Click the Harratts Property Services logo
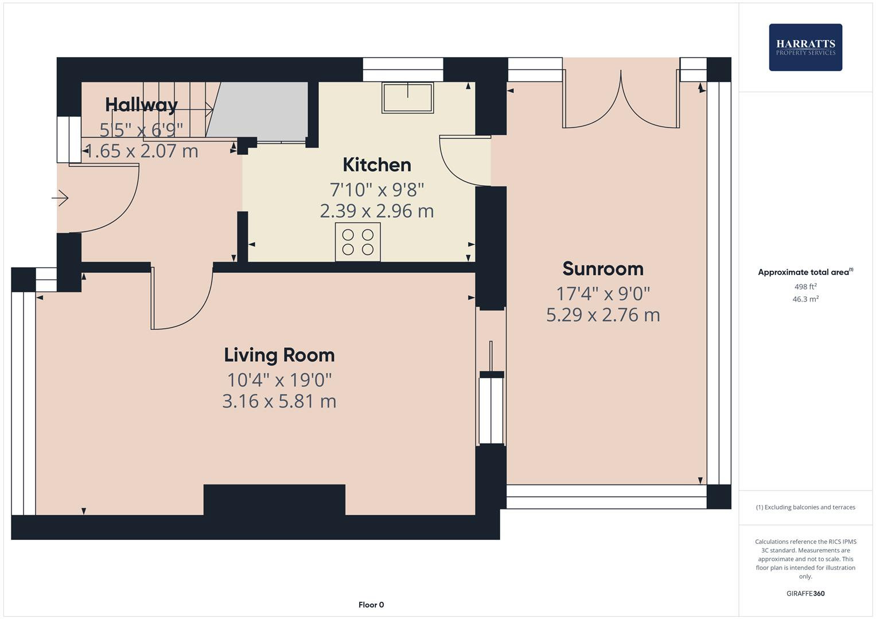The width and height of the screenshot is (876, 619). point(805,47)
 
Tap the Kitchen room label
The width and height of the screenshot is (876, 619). point(377,164)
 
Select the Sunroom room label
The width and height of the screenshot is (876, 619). point(603,268)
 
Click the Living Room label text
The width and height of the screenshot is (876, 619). point(279,355)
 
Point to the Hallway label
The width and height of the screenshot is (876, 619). point(141,104)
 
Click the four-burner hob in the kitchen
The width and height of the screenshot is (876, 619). point(358,242)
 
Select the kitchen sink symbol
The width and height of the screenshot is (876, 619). point(408,97)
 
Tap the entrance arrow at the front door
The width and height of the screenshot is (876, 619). point(60,198)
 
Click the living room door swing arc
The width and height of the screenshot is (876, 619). point(182,304)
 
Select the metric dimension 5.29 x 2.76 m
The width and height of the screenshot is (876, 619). point(603,315)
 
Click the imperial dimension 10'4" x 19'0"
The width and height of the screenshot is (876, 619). point(279,379)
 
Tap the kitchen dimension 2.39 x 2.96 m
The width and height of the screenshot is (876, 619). point(377,211)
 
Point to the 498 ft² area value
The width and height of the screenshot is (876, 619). point(805,287)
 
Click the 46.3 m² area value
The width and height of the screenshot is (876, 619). point(805,299)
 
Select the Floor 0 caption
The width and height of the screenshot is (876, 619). point(371,605)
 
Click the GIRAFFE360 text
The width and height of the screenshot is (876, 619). point(805,593)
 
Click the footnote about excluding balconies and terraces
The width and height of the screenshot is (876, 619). point(805,507)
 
